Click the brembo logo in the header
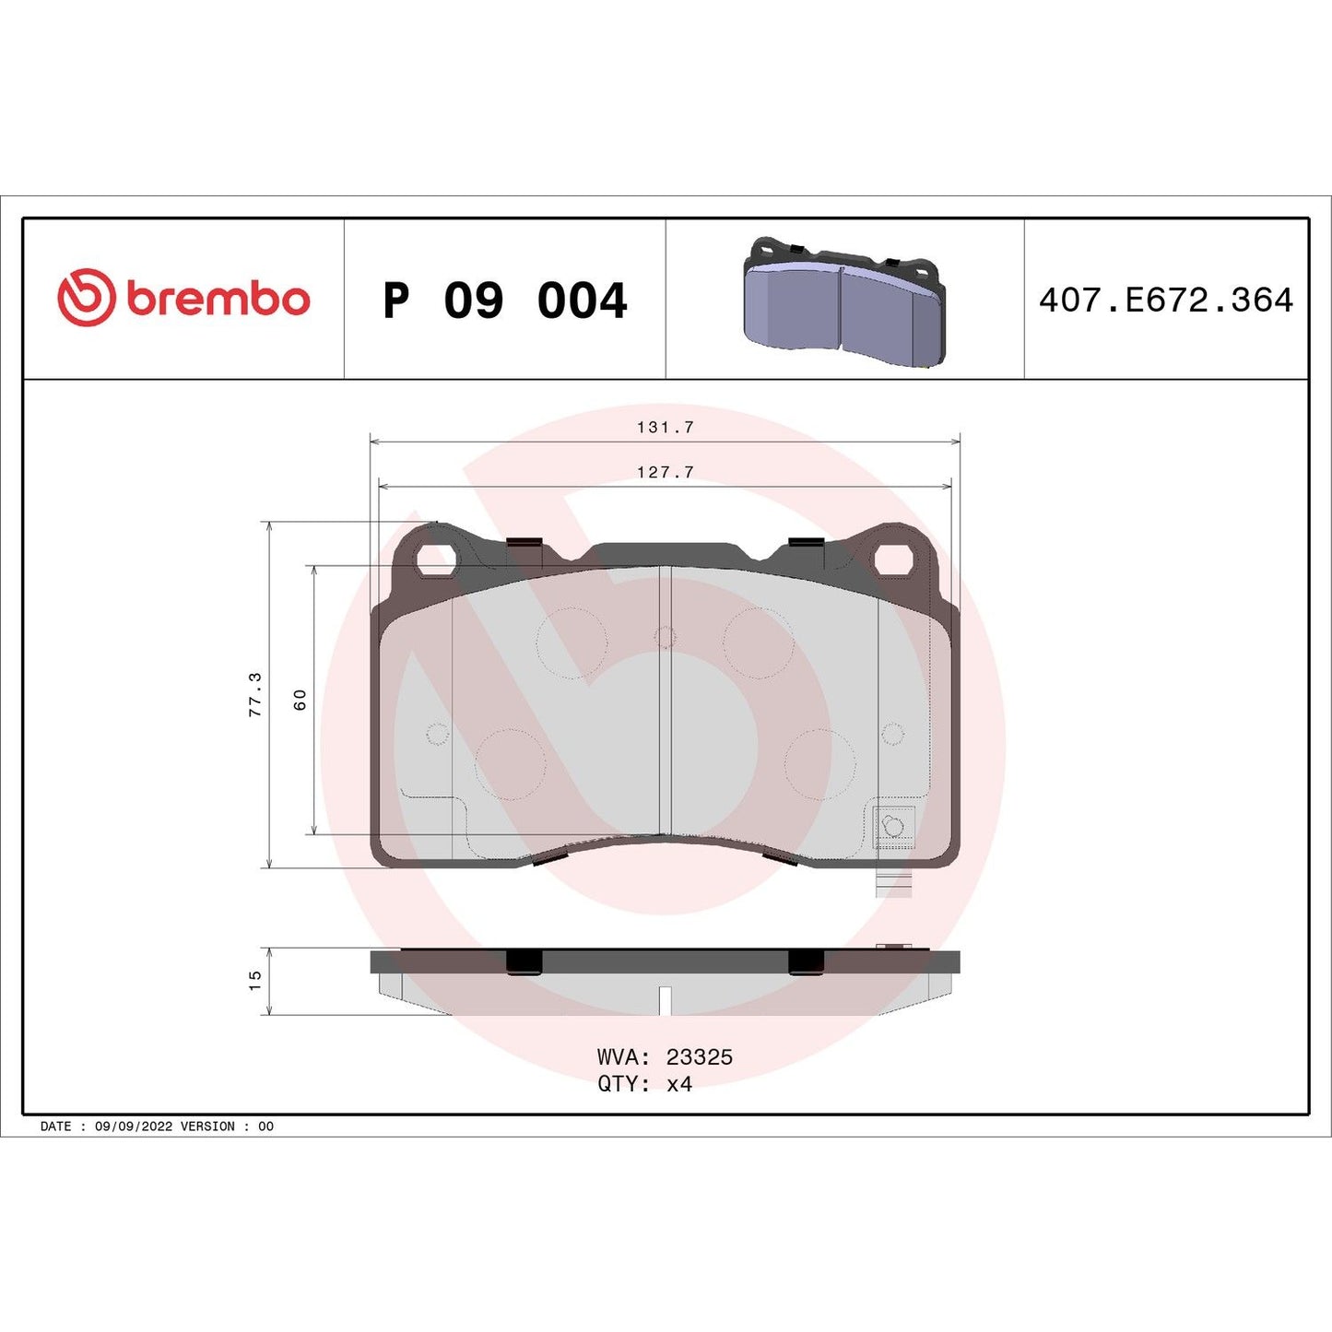pyautogui.click(x=183, y=299)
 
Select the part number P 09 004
pyautogui.click(x=504, y=301)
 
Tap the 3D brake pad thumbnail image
pyautogui.click(x=843, y=301)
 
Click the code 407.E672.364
pyautogui.click(x=1165, y=301)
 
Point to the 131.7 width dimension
pyautogui.click(x=665, y=428)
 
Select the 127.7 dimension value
pyautogui.click(x=665, y=472)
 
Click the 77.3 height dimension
pyautogui.click(x=255, y=694)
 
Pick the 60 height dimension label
pyautogui.click(x=300, y=700)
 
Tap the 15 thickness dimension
pyautogui.click(x=255, y=980)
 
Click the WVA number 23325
pyautogui.click(x=699, y=1057)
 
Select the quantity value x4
pyautogui.click(x=678, y=1084)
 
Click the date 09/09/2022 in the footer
pyautogui.click(x=134, y=1126)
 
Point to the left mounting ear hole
pyautogui.click(x=435, y=559)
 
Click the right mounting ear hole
pyautogui.click(x=892, y=559)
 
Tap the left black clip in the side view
pyautogui.click(x=524, y=961)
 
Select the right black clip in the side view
pyautogui.click(x=806, y=961)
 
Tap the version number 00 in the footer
pyautogui.click(x=265, y=1126)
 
